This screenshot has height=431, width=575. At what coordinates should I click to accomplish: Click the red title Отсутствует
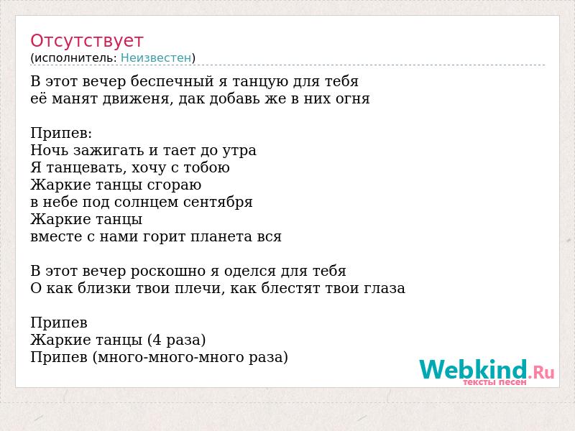pos(86,41)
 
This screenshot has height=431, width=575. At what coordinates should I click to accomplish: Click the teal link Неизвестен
pos(156,57)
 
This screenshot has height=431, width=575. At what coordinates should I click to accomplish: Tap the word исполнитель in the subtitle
pos(75,58)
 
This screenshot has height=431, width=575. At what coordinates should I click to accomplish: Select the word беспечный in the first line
pos(172,82)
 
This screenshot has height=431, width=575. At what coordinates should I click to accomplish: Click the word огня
pos(352,99)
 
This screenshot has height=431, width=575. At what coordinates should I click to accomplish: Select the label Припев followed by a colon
pos(61,134)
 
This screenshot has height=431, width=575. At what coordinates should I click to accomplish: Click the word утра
pos(238,151)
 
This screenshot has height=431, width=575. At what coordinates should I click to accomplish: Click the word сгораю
pos(174,185)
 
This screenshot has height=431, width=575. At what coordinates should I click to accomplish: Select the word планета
pos(221,237)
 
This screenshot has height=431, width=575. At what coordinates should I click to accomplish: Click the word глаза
pos(385,289)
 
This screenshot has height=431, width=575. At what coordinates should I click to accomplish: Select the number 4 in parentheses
pos(157,340)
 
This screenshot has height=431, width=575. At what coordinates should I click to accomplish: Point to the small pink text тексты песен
pos(494,382)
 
